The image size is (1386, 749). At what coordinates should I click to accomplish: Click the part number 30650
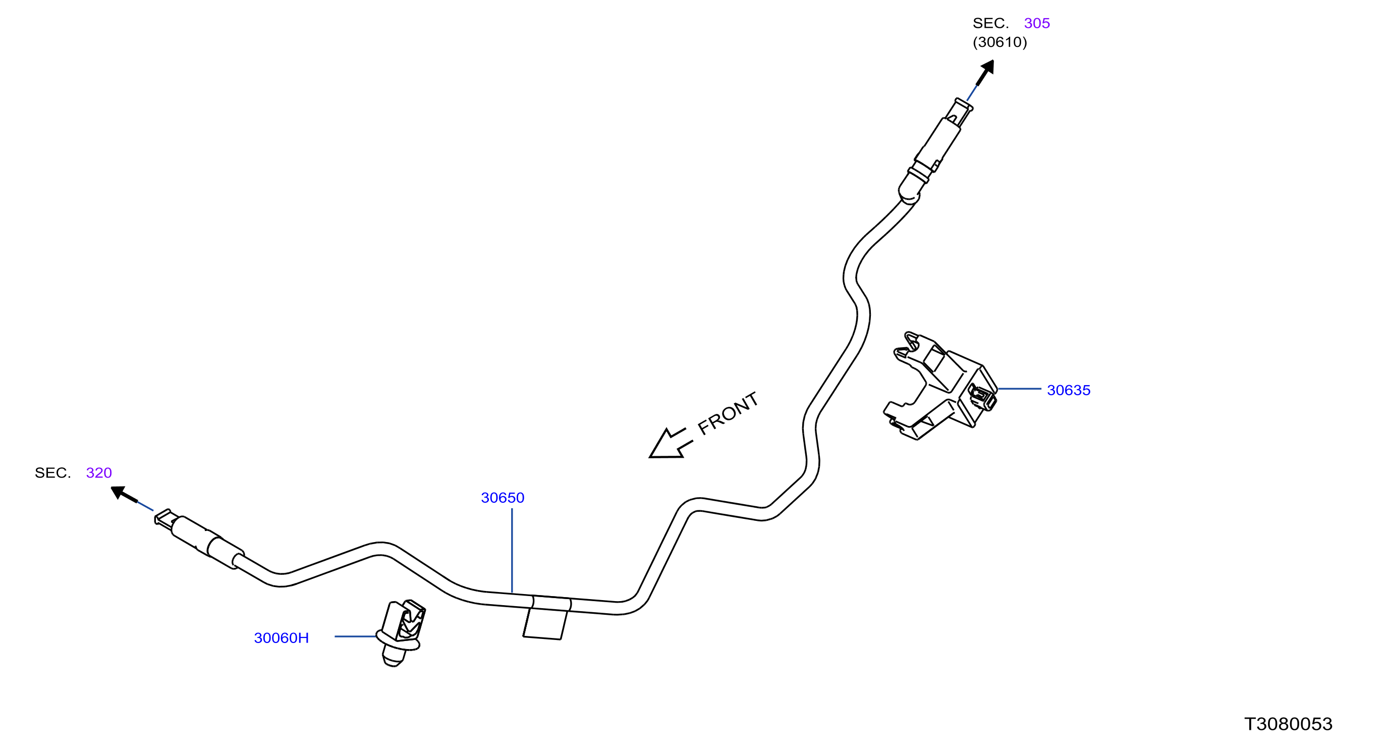503,498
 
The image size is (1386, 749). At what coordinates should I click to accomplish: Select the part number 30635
1069,390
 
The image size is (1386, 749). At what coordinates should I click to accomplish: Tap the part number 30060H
282,637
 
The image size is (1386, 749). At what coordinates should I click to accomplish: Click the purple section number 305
1037,23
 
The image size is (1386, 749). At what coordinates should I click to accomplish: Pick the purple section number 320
99,472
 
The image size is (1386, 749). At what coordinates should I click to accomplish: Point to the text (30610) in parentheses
1000,42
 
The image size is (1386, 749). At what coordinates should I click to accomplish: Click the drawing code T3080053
1288,724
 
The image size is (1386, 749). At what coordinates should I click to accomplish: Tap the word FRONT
728,413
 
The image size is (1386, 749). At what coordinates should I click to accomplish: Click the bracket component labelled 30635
940,386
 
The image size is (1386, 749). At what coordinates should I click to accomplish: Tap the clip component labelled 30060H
401,633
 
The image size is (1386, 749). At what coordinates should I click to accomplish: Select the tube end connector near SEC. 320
199,539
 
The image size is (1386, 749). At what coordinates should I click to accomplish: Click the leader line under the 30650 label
512,551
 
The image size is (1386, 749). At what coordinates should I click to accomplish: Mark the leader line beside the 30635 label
1020,389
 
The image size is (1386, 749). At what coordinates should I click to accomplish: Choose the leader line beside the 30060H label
356,636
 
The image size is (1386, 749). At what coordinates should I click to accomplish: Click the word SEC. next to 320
53,472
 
